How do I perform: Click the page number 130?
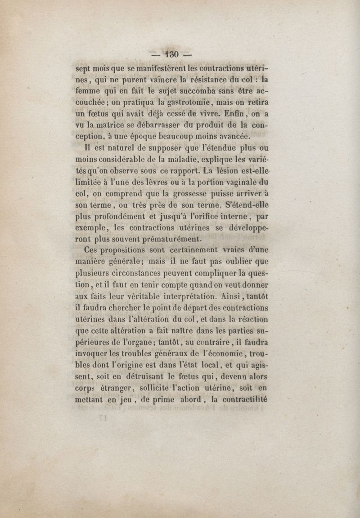pos(172,54)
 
